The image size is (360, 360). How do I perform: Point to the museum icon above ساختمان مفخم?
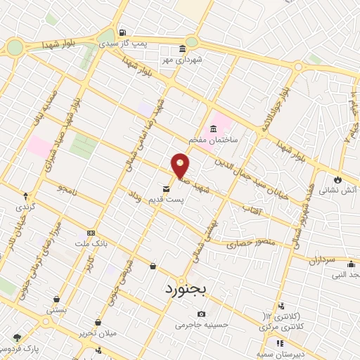click(213, 128)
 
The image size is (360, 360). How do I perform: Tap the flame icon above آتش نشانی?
click(338, 179)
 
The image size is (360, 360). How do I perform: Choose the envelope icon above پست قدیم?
click(166, 188)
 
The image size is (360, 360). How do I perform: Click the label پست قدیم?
click(166, 200)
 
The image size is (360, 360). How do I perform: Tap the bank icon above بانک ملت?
click(90, 233)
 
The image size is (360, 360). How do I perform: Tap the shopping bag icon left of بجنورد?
click(153, 266)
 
